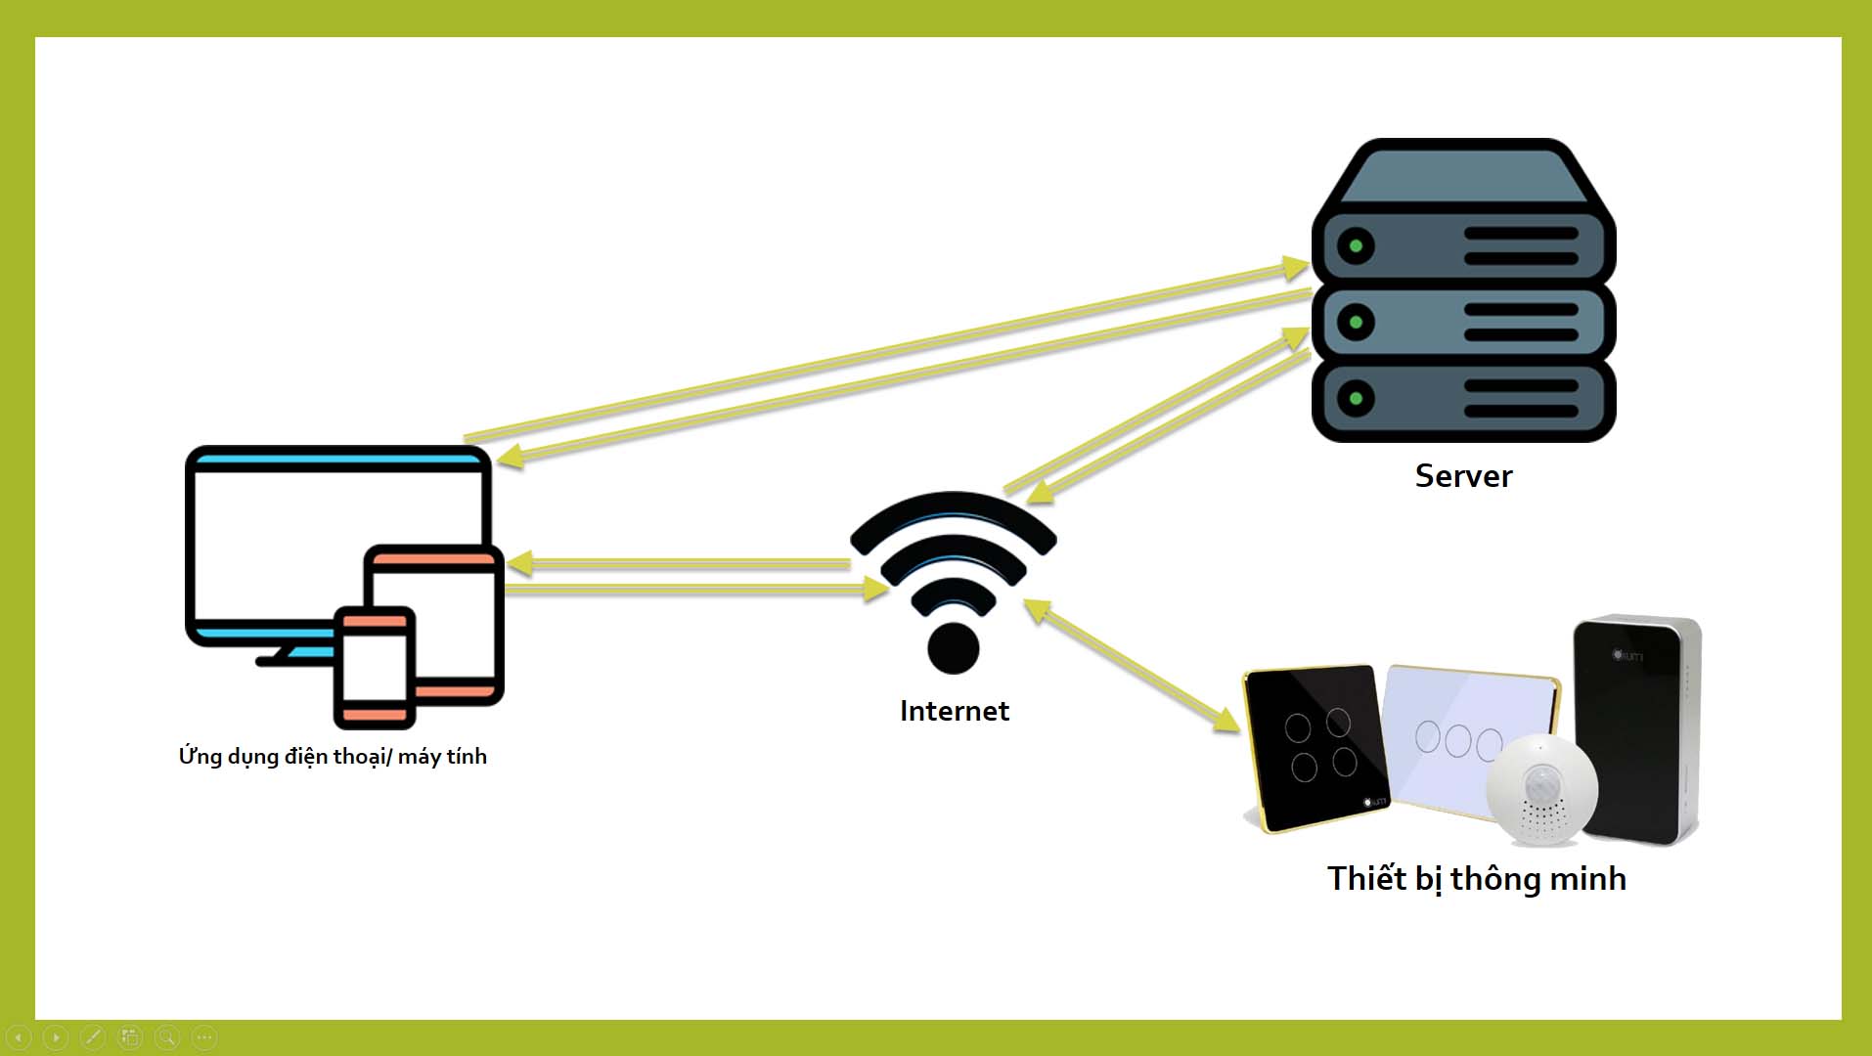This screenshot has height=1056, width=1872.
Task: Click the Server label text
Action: [1463, 476]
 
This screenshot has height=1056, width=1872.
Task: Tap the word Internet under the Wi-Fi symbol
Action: [954, 711]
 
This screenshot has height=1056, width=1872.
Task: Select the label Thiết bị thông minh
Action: [1476, 878]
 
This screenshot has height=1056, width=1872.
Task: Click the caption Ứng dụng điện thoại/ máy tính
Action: [333, 756]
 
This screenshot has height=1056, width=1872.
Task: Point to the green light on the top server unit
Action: [1356, 245]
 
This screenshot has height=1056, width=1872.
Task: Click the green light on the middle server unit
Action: [1356, 322]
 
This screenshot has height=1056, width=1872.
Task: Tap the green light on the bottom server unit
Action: [1356, 398]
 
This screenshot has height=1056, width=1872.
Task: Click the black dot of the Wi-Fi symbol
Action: [953, 646]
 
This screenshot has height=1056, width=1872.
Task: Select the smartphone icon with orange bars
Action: [374, 667]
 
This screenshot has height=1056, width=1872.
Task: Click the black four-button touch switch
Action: [1315, 748]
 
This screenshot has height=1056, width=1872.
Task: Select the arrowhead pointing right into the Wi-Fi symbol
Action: [875, 589]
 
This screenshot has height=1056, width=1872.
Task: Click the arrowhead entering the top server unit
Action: [1296, 266]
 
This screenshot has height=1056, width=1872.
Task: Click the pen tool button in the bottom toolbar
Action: [93, 1036]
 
